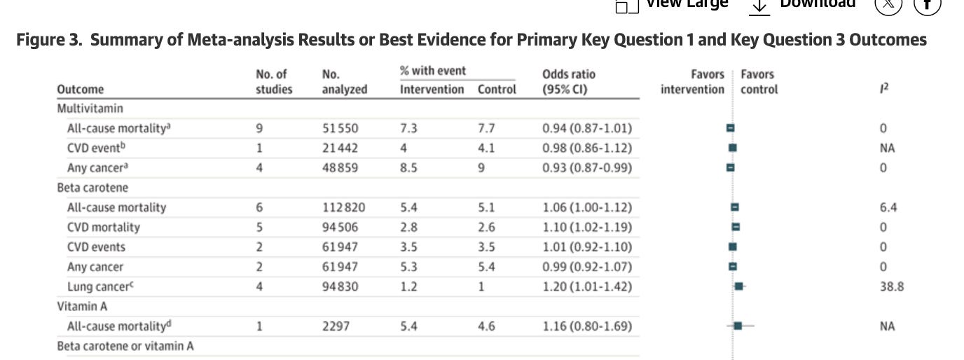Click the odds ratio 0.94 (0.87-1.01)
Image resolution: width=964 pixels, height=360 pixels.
click(587, 128)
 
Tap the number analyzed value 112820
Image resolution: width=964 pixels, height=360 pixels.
click(343, 207)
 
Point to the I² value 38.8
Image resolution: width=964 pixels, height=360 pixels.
click(892, 286)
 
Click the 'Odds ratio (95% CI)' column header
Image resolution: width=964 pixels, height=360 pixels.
click(569, 81)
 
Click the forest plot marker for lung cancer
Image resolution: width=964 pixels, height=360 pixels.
click(738, 286)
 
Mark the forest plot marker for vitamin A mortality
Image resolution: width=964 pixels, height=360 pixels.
click(738, 326)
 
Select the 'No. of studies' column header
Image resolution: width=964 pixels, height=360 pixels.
click(274, 81)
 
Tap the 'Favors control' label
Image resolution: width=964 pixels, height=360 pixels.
click(759, 81)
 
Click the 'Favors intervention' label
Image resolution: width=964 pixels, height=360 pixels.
click(693, 81)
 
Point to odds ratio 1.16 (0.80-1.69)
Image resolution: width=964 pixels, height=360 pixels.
click(587, 326)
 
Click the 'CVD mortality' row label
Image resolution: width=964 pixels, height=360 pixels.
click(103, 227)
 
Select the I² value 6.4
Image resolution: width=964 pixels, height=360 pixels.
click(888, 207)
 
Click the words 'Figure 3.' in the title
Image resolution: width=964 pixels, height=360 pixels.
click(49, 40)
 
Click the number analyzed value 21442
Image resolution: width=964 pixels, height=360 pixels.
click(340, 148)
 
